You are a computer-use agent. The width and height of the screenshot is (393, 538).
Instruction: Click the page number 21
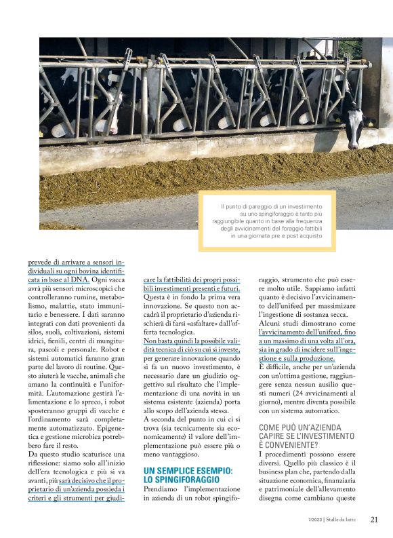(x=374, y=520)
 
